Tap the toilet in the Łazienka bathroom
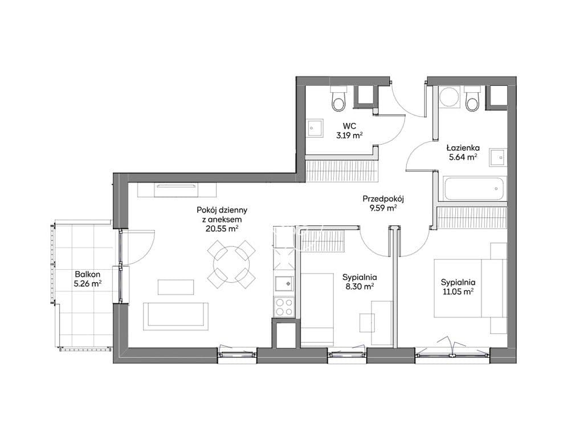click(x=472, y=98)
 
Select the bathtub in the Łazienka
click(x=473, y=189)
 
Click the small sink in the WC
click(x=314, y=129)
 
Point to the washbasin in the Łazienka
click(x=497, y=158)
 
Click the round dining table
click(x=231, y=264)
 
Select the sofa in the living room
click(x=175, y=316)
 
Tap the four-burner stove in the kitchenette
click(x=284, y=307)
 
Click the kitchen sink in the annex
click(x=284, y=284)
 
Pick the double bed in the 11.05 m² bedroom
click(x=470, y=288)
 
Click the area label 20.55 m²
click(x=222, y=229)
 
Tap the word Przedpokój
click(x=383, y=199)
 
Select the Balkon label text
click(x=88, y=274)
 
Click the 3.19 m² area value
click(x=349, y=135)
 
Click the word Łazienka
click(x=463, y=148)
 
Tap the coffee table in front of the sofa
click(x=175, y=287)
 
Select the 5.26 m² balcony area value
click(x=88, y=284)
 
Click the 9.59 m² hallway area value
click(x=383, y=208)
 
